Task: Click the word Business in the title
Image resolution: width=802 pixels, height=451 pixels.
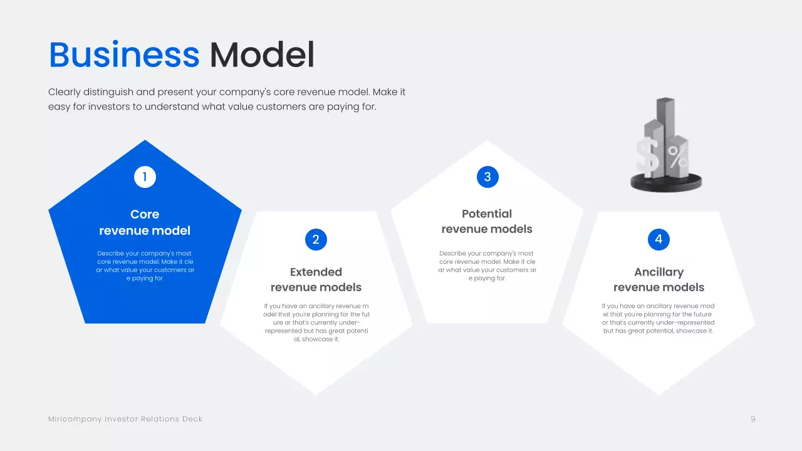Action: point(124,55)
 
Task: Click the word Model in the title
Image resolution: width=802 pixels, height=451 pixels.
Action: point(262,55)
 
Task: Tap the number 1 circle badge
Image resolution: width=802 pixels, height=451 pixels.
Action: point(145,177)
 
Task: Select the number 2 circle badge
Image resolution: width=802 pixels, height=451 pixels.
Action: point(316,239)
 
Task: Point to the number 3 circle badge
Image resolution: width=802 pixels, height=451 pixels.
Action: point(487,177)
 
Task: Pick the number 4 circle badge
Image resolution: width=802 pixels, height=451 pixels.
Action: point(659,239)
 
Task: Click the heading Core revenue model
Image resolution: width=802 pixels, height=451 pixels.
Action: point(145,222)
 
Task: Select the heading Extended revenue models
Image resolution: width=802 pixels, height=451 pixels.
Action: point(316,279)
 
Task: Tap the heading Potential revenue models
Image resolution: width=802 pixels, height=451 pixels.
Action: point(487,221)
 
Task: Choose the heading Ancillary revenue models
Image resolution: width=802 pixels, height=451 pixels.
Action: point(659,279)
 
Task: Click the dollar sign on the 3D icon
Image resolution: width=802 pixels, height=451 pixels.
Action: point(648,157)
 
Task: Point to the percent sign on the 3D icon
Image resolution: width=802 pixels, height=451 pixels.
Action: point(678,157)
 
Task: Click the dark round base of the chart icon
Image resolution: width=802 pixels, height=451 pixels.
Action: point(665,183)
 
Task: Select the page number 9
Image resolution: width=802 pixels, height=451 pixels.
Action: point(753,419)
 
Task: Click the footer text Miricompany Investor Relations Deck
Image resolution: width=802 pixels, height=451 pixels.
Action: point(125,419)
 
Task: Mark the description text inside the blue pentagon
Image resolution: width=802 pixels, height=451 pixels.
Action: point(145,266)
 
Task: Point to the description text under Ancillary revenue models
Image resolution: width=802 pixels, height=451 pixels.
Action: point(659,318)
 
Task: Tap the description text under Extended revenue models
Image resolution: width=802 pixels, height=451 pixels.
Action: point(316,323)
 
